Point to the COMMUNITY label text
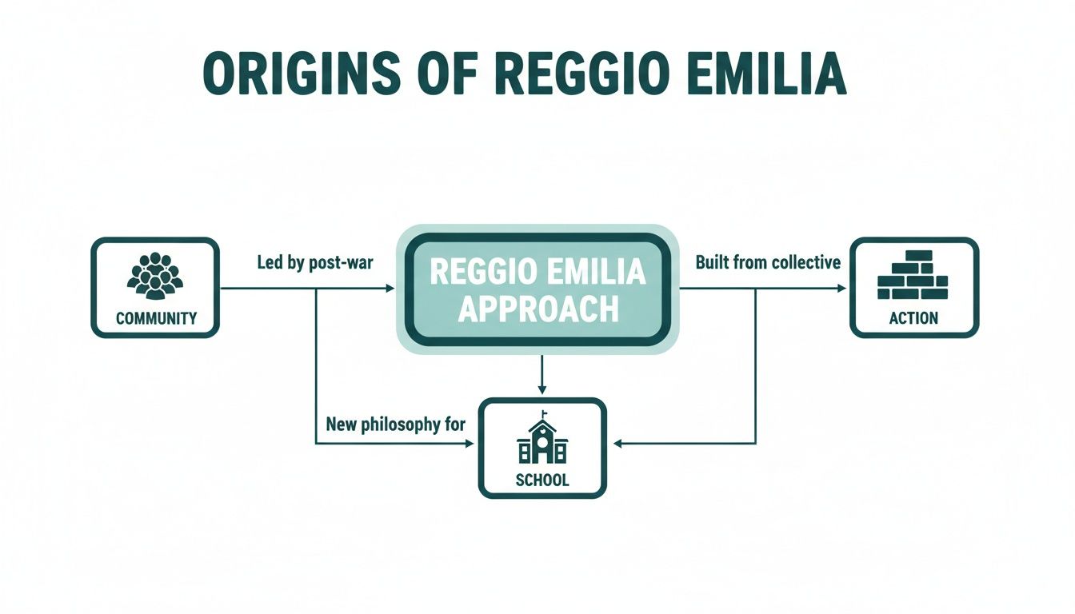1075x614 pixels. click(x=156, y=318)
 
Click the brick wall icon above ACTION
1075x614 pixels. click(x=913, y=275)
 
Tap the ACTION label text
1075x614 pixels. click(x=913, y=318)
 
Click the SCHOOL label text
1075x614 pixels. click(x=542, y=480)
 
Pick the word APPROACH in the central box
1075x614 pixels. click(x=538, y=309)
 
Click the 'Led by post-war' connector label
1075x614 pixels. click(x=314, y=262)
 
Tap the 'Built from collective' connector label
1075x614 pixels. click(x=768, y=262)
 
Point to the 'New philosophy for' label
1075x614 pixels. click(x=395, y=425)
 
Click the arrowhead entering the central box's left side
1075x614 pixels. click(x=390, y=288)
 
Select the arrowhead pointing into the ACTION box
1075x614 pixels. click(x=841, y=288)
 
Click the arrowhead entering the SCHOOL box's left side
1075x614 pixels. click(x=471, y=444)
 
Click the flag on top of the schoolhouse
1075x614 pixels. click(x=545, y=414)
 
